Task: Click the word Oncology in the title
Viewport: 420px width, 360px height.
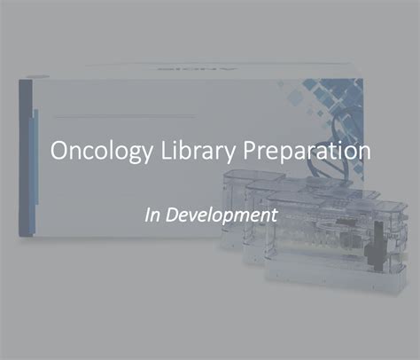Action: [101, 152]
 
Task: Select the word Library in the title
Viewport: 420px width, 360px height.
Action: [198, 152]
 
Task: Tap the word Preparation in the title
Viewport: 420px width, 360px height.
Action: [307, 152]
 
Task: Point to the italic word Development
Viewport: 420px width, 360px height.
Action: [222, 215]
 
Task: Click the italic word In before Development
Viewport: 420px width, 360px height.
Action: [152, 215]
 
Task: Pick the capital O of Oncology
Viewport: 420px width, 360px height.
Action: [59, 150]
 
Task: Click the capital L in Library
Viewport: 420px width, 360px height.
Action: [167, 150]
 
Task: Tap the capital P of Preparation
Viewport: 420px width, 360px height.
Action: [249, 150]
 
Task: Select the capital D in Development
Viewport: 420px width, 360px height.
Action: [173, 215]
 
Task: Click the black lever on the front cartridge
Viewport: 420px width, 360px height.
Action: [376, 246]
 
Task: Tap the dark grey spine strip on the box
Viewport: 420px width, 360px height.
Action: [26, 158]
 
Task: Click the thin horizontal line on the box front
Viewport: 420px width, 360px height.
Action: [125, 117]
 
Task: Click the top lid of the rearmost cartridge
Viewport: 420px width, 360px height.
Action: [253, 176]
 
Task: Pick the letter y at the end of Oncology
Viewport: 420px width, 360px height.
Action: [147, 154]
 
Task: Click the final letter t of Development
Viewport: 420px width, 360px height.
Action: [275, 215]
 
